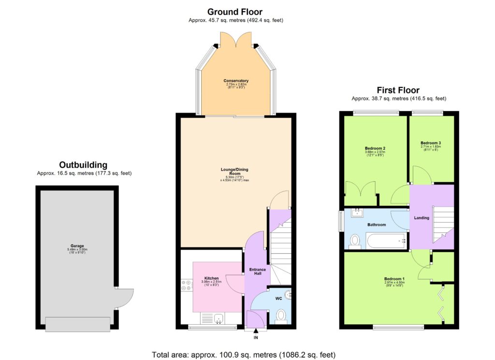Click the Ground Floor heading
pos(235,12)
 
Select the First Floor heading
pos(398,90)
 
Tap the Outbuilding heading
pos(83,165)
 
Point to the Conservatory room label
pos(236,81)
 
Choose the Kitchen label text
pos(211,279)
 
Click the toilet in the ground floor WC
pos(280,316)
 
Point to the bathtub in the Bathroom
pos(385,240)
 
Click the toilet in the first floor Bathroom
pos(355,241)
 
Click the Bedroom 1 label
pos(394,279)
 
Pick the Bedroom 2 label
pos(375,148)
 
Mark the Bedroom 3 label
pos(430,143)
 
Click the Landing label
pos(422,218)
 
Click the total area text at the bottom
pos(243,354)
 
